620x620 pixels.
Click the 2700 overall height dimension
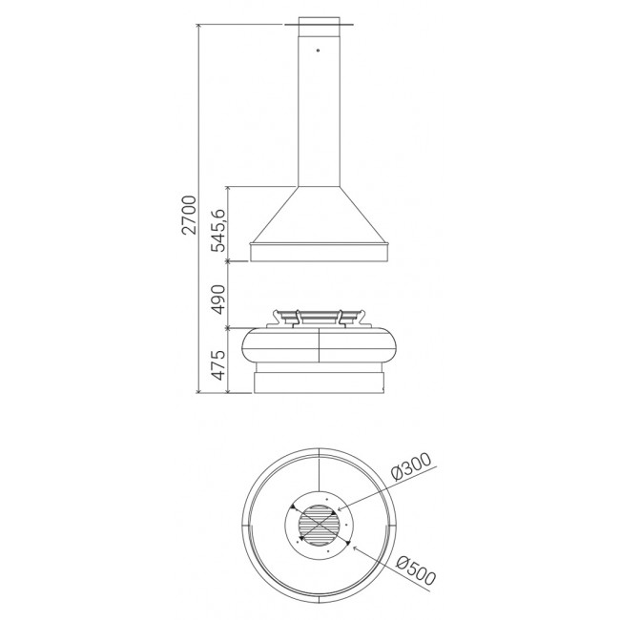(190, 215)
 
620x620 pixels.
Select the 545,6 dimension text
(218, 229)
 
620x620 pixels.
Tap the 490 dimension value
(218, 299)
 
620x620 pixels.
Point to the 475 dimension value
(218, 364)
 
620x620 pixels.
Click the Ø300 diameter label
(410, 466)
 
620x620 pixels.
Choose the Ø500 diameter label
(415, 571)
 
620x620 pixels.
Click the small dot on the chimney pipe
(318, 51)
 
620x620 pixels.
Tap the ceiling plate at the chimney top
(319, 25)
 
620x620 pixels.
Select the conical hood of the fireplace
(319, 215)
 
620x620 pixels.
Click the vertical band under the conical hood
(320, 252)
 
